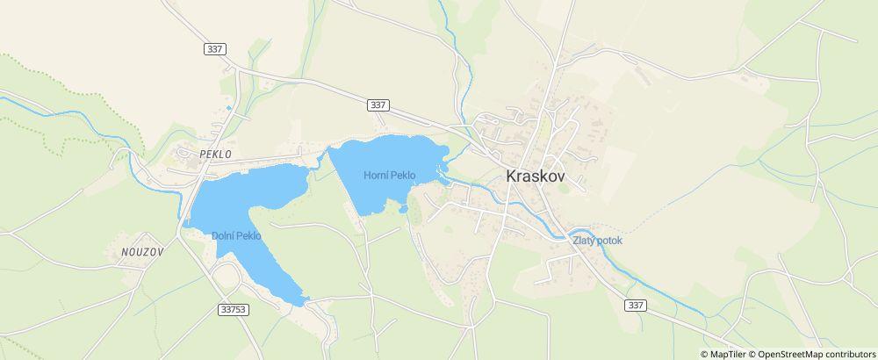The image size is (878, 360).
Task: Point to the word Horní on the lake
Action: point(376,175)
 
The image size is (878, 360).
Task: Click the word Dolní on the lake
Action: point(223,236)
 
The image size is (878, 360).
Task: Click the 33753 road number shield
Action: point(234,309)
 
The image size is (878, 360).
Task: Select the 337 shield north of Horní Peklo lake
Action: point(378,104)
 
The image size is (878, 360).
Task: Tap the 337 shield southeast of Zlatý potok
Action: point(636,305)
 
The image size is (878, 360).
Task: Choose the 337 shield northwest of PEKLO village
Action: point(215,49)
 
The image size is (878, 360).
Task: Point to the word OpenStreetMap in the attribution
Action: point(791,354)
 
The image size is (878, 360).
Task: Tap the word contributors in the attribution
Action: point(849,354)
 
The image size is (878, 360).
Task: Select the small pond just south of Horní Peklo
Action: point(402,209)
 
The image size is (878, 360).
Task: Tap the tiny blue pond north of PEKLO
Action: point(229,108)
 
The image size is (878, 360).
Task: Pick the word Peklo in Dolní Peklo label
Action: point(249,236)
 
